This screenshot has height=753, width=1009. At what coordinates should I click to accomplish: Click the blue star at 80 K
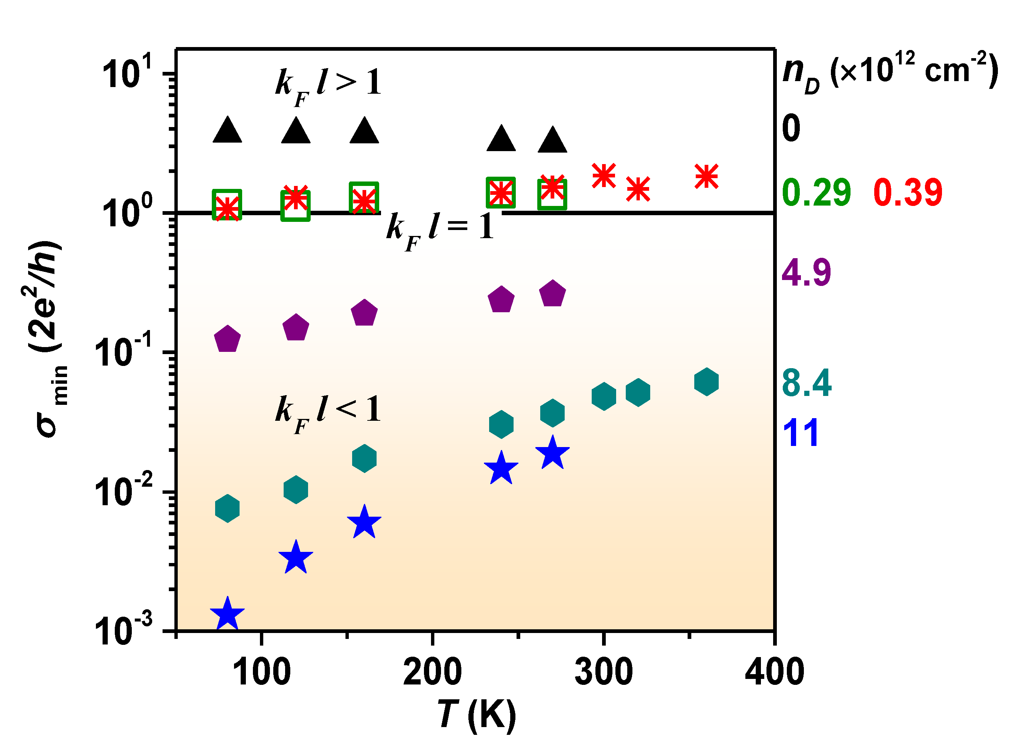(x=227, y=614)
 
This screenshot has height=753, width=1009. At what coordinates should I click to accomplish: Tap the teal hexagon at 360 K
(x=706, y=382)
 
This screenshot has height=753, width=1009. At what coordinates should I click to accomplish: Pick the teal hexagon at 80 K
(x=227, y=508)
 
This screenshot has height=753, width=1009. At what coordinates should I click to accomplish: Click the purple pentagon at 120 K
(x=296, y=328)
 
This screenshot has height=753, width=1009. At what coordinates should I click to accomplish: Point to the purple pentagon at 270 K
(x=552, y=294)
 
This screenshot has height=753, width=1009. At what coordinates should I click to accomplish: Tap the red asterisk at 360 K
(x=706, y=176)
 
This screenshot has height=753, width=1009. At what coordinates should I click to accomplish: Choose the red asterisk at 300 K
(x=604, y=176)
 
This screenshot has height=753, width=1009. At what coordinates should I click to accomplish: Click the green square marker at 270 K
(x=552, y=194)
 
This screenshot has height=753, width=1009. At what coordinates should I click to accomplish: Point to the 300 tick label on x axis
(x=604, y=672)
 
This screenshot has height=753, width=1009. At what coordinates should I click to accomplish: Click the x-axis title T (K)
(x=476, y=716)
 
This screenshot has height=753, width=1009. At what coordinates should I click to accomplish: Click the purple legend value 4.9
(x=806, y=273)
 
